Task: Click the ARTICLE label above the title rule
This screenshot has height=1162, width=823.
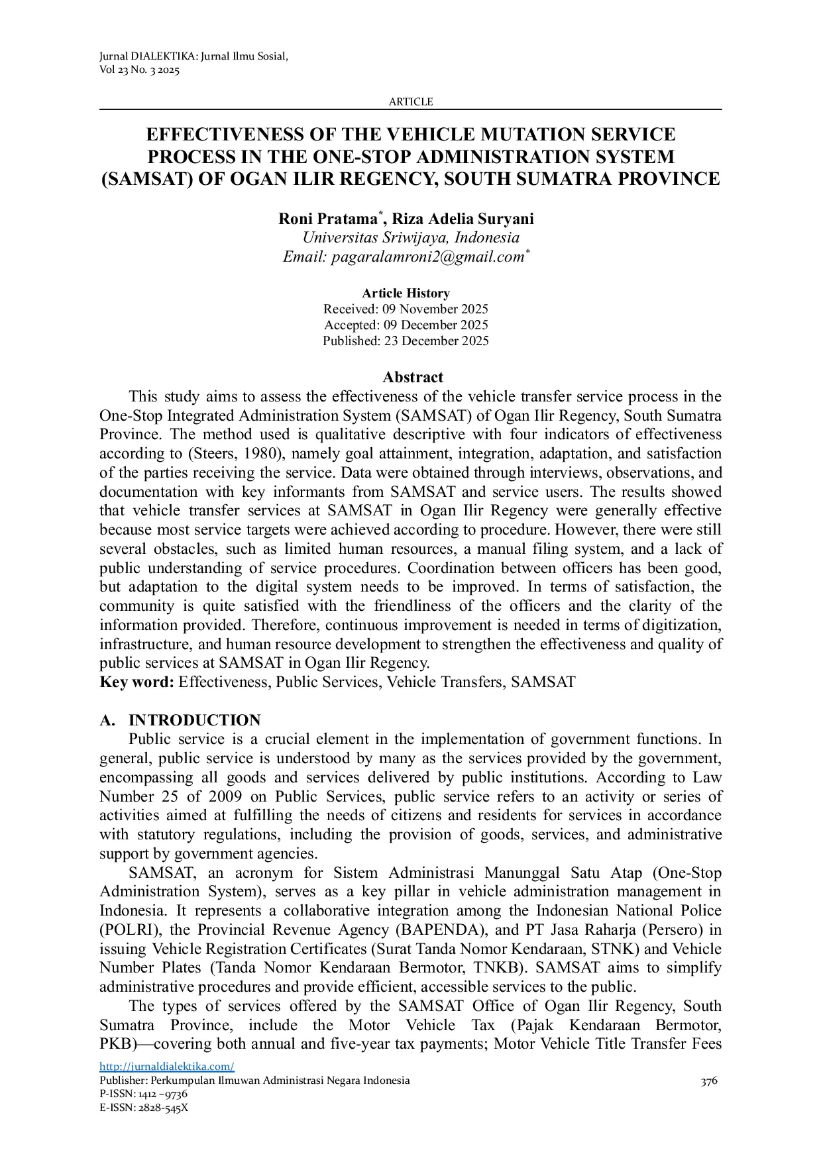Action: coord(411,102)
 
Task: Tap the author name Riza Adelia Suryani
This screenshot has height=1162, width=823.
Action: coord(463,219)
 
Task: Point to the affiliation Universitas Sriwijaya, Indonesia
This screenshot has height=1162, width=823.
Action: coord(411,238)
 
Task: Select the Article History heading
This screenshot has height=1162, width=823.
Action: coord(406,293)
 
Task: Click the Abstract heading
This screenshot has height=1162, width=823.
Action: coord(412,378)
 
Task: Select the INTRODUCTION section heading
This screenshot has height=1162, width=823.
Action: coord(194,721)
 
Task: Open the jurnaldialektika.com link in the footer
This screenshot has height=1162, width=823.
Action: coord(166,1067)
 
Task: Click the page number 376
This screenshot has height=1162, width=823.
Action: coord(709,1082)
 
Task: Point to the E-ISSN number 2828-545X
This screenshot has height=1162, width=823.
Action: coord(162,1108)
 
